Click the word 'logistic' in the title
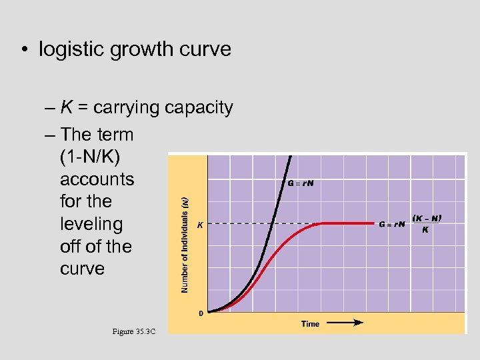click(x=72, y=49)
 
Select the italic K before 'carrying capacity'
click(x=67, y=107)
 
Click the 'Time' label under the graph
click(x=310, y=324)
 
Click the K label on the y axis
click(x=200, y=225)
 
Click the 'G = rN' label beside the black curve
click(x=300, y=183)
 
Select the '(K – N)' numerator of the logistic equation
click(x=427, y=218)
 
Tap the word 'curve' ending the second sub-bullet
click(x=82, y=269)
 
